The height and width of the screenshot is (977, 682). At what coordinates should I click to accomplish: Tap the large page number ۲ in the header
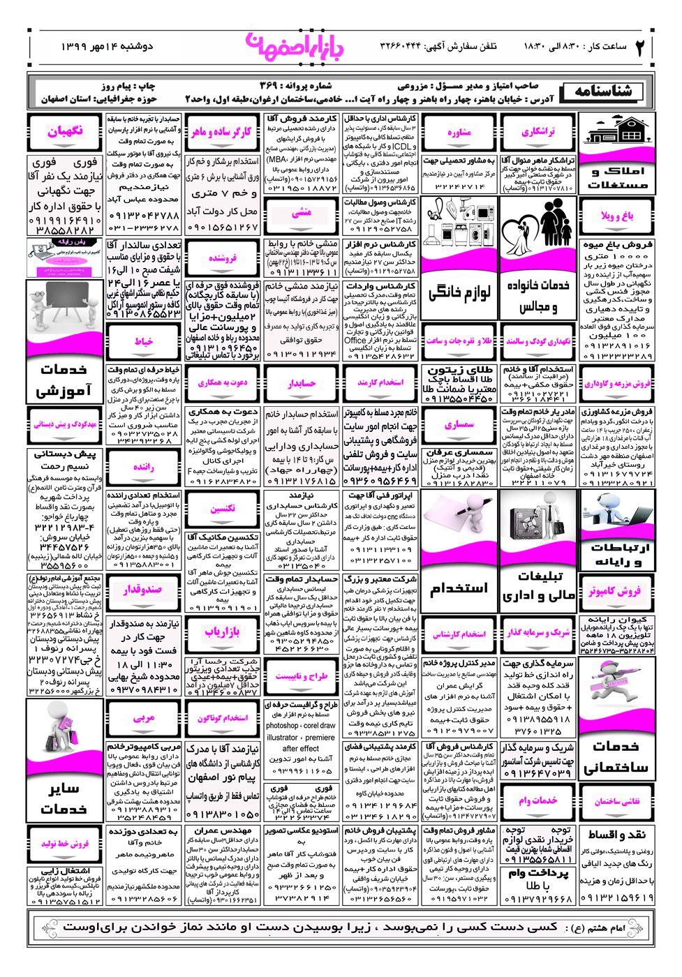(639, 47)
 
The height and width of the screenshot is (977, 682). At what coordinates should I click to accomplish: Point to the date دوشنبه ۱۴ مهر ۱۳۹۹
(106, 47)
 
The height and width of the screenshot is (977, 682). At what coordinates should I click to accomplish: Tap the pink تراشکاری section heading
(538, 131)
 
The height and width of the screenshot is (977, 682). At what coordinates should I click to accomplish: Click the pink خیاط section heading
(144, 341)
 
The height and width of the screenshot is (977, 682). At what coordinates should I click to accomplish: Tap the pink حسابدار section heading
(302, 383)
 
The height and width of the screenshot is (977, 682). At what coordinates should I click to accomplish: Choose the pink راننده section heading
(144, 467)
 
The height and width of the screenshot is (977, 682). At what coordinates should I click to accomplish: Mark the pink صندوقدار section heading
(144, 590)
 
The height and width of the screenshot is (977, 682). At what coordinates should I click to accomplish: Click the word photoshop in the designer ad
(282, 726)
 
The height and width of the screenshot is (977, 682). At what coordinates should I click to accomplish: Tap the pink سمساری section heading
(459, 424)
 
